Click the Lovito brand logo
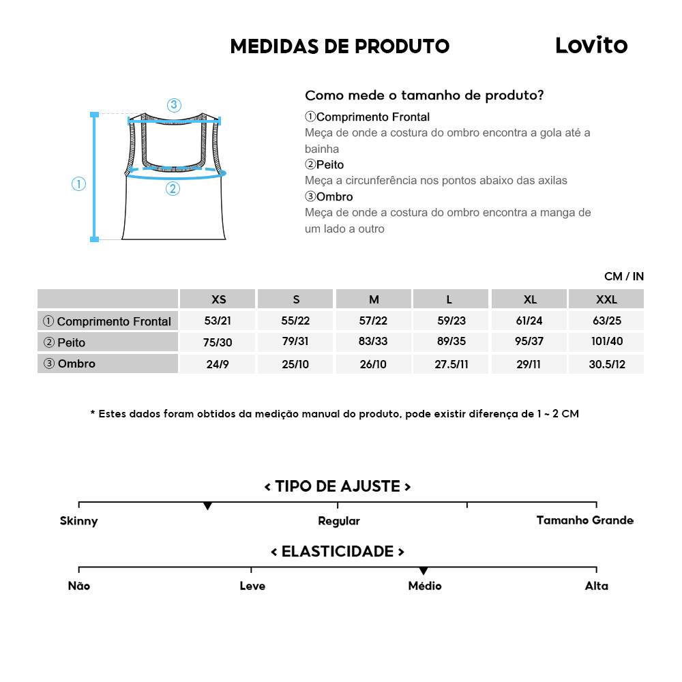tap(591, 46)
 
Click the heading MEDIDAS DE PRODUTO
tap(340, 46)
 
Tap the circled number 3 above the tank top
tap(173, 105)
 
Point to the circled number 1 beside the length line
tap(79, 183)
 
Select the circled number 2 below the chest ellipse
tap(173, 189)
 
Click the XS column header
tap(218, 299)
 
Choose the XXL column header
tap(606, 299)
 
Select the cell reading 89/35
tap(451, 342)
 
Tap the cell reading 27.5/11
tap(451, 364)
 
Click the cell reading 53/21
tap(218, 320)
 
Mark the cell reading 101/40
tap(606, 342)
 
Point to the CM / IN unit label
tap(623, 276)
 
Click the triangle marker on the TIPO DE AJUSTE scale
tap(207, 506)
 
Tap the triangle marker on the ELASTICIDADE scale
tap(424, 571)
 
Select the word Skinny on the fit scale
tap(79, 521)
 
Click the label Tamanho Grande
tap(584, 520)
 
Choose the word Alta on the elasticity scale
tap(596, 586)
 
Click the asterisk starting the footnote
tap(93, 414)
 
